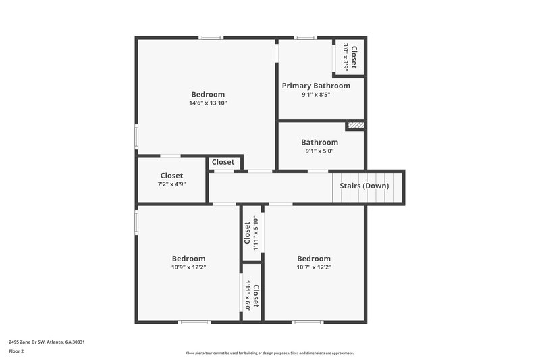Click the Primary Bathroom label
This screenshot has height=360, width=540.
tap(316, 86)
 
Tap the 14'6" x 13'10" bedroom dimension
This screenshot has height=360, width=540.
tap(208, 103)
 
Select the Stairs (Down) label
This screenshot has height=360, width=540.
tap(368, 186)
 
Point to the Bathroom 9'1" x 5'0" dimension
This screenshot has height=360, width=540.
tap(319, 151)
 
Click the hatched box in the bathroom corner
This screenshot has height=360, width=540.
tap(356, 125)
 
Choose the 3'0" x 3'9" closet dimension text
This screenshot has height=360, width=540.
tap(346, 57)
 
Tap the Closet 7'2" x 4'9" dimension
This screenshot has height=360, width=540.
tap(171, 184)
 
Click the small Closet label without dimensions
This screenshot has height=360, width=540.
tap(223, 162)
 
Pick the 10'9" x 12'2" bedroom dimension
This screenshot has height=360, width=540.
tap(188, 267)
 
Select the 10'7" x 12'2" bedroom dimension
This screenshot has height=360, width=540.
tap(314, 267)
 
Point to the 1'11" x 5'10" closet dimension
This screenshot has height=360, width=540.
tap(255, 232)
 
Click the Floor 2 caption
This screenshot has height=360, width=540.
tap(16, 351)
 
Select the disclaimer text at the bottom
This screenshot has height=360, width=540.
tap(270, 353)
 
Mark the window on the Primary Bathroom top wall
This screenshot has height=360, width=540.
tap(304, 38)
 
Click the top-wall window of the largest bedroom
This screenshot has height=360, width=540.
tap(211, 38)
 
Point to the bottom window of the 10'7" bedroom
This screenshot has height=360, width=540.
tap(307, 322)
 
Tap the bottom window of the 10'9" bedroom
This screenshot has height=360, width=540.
tap(194, 322)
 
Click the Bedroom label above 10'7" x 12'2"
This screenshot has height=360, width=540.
tap(314, 259)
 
